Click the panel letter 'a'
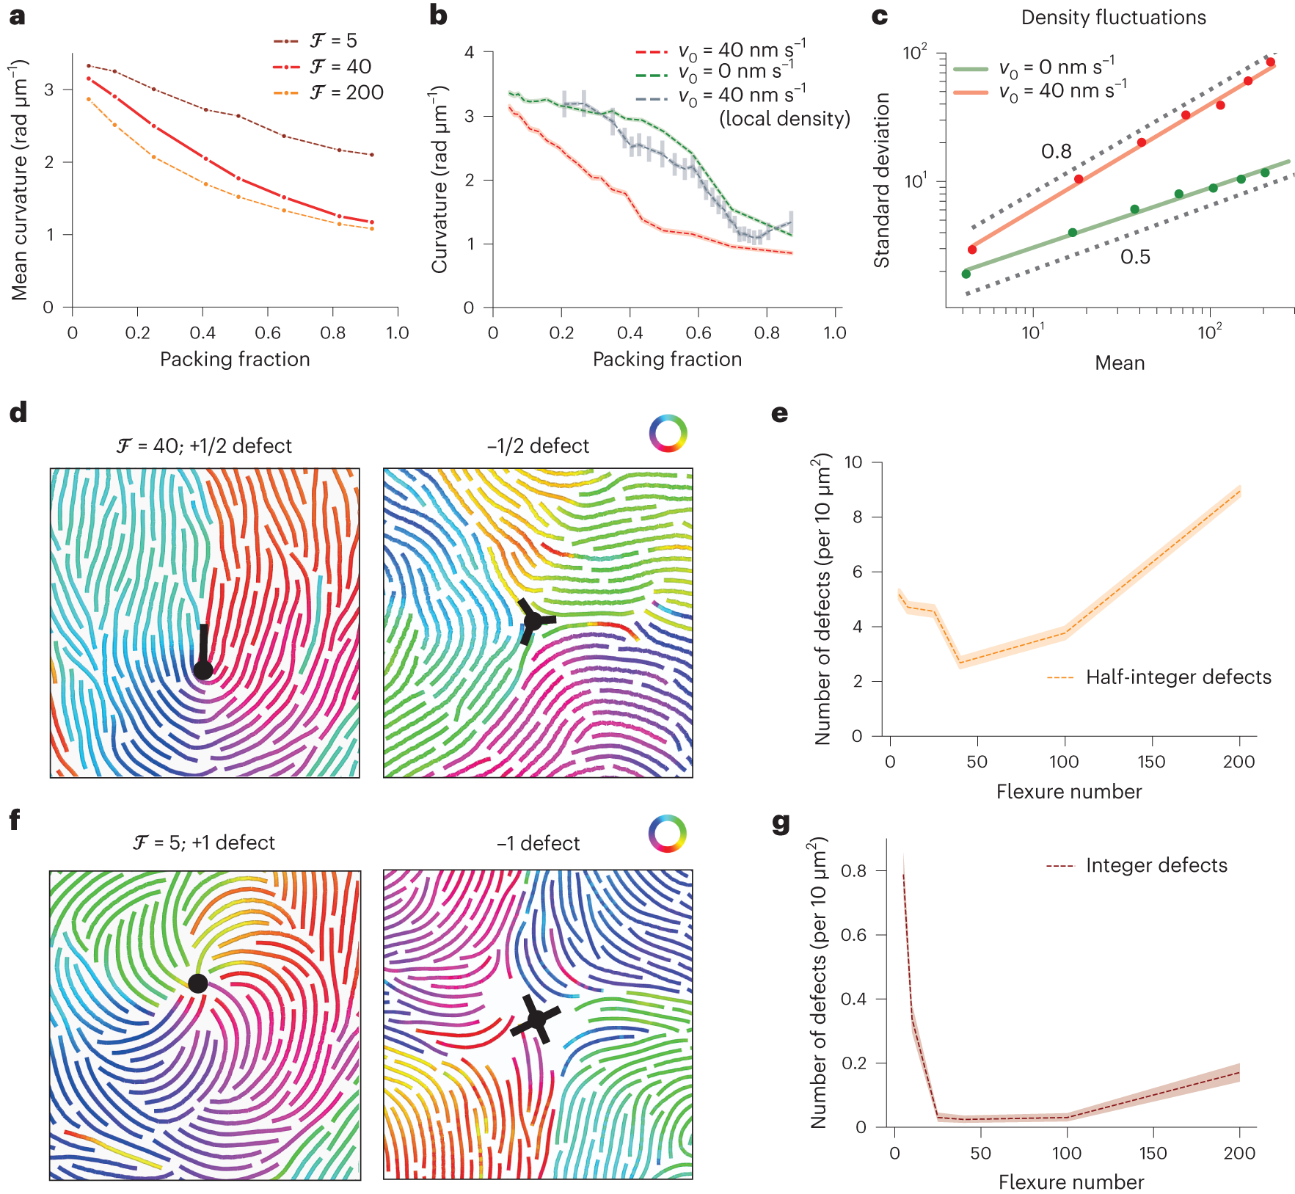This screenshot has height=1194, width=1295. click(x=17, y=16)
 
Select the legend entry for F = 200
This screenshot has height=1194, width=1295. click(x=346, y=92)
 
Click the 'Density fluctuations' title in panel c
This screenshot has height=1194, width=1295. click(x=1113, y=18)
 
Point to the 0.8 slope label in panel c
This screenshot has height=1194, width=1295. click(x=1056, y=151)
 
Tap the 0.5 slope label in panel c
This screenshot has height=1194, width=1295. click(x=1134, y=257)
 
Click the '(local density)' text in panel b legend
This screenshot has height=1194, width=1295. click(x=784, y=119)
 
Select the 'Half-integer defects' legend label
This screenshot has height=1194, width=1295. click(x=1178, y=677)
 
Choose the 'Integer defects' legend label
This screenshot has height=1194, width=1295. click(x=1156, y=865)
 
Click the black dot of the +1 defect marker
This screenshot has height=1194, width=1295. click(x=197, y=983)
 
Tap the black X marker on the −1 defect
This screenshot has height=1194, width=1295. click(x=536, y=1019)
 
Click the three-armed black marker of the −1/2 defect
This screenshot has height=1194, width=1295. click(x=533, y=621)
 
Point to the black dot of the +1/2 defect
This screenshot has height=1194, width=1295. click(x=203, y=669)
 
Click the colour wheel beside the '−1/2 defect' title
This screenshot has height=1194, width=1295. click(x=668, y=433)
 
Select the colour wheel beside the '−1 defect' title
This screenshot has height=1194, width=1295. click(x=667, y=834)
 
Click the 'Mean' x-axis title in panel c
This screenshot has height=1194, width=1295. click(x=1120, y=363)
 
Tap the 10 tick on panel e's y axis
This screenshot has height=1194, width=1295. click(x=853, y=462)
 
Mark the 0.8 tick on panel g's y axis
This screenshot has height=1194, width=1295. click(x=853, y=870)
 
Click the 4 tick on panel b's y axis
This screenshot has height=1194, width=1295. click(x=469, y=52)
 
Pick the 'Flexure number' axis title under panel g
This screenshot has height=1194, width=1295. click(x=1070, y=1182)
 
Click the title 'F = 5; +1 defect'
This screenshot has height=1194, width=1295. click(x=204, y=842)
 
